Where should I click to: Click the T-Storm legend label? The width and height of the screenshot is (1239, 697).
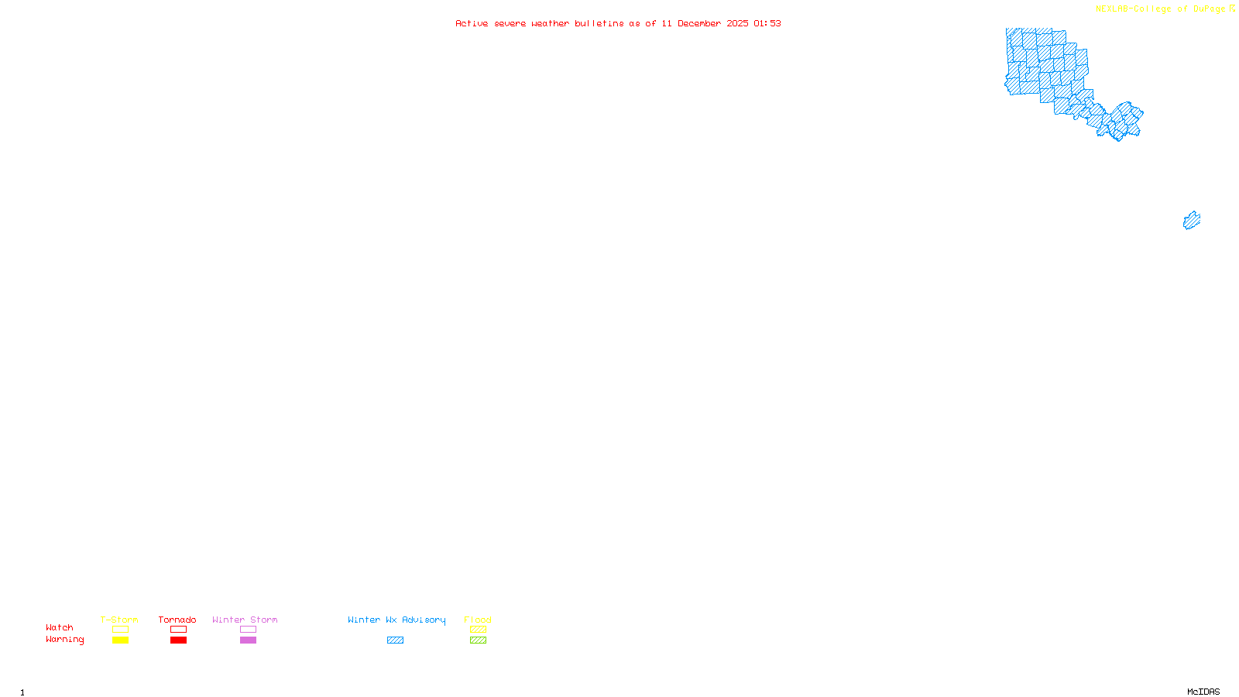pos(119,620)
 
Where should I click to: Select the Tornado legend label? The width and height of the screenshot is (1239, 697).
pos(177,620)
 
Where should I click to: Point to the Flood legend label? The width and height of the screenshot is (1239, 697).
pos(478,620)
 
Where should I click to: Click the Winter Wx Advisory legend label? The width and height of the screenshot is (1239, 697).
pos(396,620)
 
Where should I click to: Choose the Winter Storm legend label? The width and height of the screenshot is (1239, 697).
pos(245,620)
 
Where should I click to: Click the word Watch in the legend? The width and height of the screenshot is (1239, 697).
pos(60,627)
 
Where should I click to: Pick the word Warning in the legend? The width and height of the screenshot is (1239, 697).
pos(65,640)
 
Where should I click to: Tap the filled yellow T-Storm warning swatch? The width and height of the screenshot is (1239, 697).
pos(120,640)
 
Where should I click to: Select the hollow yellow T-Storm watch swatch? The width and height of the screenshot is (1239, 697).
pos(120,630)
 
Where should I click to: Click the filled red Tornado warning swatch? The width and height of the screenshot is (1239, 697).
pos(179,640)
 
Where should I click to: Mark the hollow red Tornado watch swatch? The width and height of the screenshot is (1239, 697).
pos(179,630)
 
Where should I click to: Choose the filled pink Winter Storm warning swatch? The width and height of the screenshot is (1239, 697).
pos(248,640)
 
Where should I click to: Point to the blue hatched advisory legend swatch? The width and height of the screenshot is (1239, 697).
pos(395,640)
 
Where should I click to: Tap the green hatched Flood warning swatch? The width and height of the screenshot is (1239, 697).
pos(478,640)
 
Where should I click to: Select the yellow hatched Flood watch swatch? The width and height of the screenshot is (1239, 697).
pos(478,630)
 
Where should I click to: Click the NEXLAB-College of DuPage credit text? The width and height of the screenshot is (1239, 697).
pos(1161,9)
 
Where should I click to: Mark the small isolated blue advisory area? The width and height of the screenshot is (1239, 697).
pos(1192,221)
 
